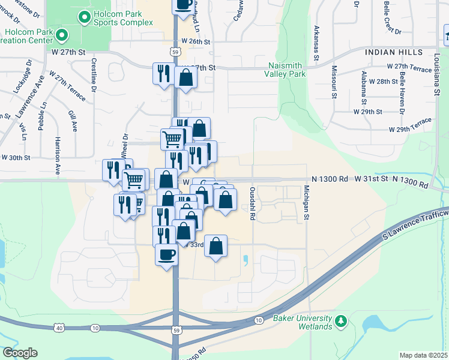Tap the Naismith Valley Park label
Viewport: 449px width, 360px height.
(x=285, y=69)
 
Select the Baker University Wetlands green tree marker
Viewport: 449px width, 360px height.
(x=341, y=322)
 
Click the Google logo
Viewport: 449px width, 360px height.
(x=20, y=353)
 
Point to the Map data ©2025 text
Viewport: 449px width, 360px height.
(x=424, y=355)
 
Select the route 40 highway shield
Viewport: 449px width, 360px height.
(x=59, y=328)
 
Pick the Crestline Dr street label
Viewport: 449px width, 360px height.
(x=94, y=75)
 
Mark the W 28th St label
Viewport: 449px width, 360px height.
(x=382, y=80)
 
